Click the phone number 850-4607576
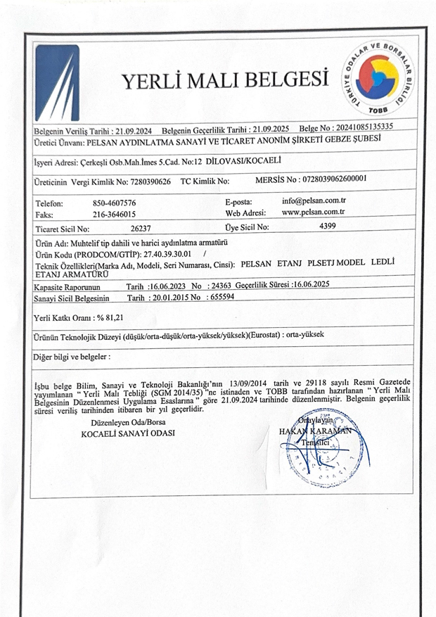click(114, 203)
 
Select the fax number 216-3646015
click(114, 214)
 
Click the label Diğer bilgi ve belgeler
click(71, 357)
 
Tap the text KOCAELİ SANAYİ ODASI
click(128, 433)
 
